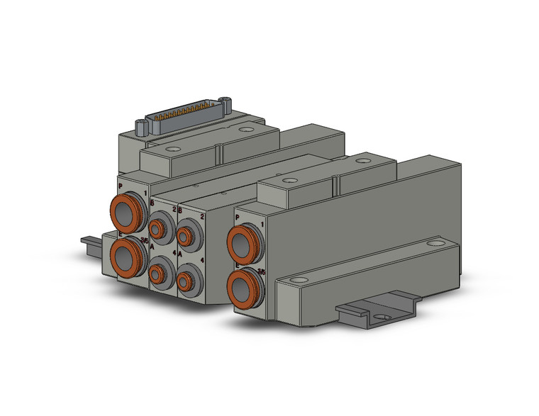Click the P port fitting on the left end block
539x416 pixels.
pos(125,210)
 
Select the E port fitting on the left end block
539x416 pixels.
pos(126,253)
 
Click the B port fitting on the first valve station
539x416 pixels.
pos(158,228)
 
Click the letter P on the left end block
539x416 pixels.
pos(121,186)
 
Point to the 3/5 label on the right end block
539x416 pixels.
pos(262,271)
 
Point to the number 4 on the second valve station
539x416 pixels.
pos(203,262)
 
